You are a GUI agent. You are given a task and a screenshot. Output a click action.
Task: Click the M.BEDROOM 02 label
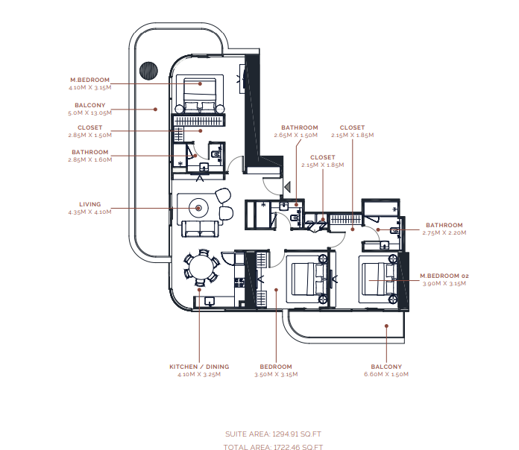444,276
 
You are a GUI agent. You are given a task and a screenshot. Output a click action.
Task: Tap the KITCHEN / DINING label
199,367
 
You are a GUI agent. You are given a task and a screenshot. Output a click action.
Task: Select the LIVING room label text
89,204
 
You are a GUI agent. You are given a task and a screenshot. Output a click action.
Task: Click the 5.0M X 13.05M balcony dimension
89,112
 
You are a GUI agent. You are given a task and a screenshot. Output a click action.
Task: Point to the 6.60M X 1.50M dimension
386,374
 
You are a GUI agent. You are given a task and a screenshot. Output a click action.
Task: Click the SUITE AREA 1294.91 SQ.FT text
273,434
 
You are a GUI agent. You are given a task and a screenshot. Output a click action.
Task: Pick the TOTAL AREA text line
273,447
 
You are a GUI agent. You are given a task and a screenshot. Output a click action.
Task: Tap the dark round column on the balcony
148,71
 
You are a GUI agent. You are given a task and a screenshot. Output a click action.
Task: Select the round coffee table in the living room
198,208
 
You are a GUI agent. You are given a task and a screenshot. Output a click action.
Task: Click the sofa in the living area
201,229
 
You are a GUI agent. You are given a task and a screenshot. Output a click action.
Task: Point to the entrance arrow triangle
287,187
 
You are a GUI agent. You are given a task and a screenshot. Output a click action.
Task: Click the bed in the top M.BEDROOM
200,94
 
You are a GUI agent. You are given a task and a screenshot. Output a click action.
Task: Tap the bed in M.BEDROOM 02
378,279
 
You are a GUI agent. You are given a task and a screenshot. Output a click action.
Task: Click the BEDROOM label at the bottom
276,367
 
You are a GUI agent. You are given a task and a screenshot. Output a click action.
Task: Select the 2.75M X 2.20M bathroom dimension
444,232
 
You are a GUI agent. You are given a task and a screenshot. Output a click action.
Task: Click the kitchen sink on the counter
210,301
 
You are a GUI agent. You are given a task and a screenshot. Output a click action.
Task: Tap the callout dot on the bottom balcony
386,326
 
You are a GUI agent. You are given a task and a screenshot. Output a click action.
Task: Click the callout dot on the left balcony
155,110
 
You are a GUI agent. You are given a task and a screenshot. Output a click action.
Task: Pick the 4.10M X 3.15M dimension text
89,88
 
